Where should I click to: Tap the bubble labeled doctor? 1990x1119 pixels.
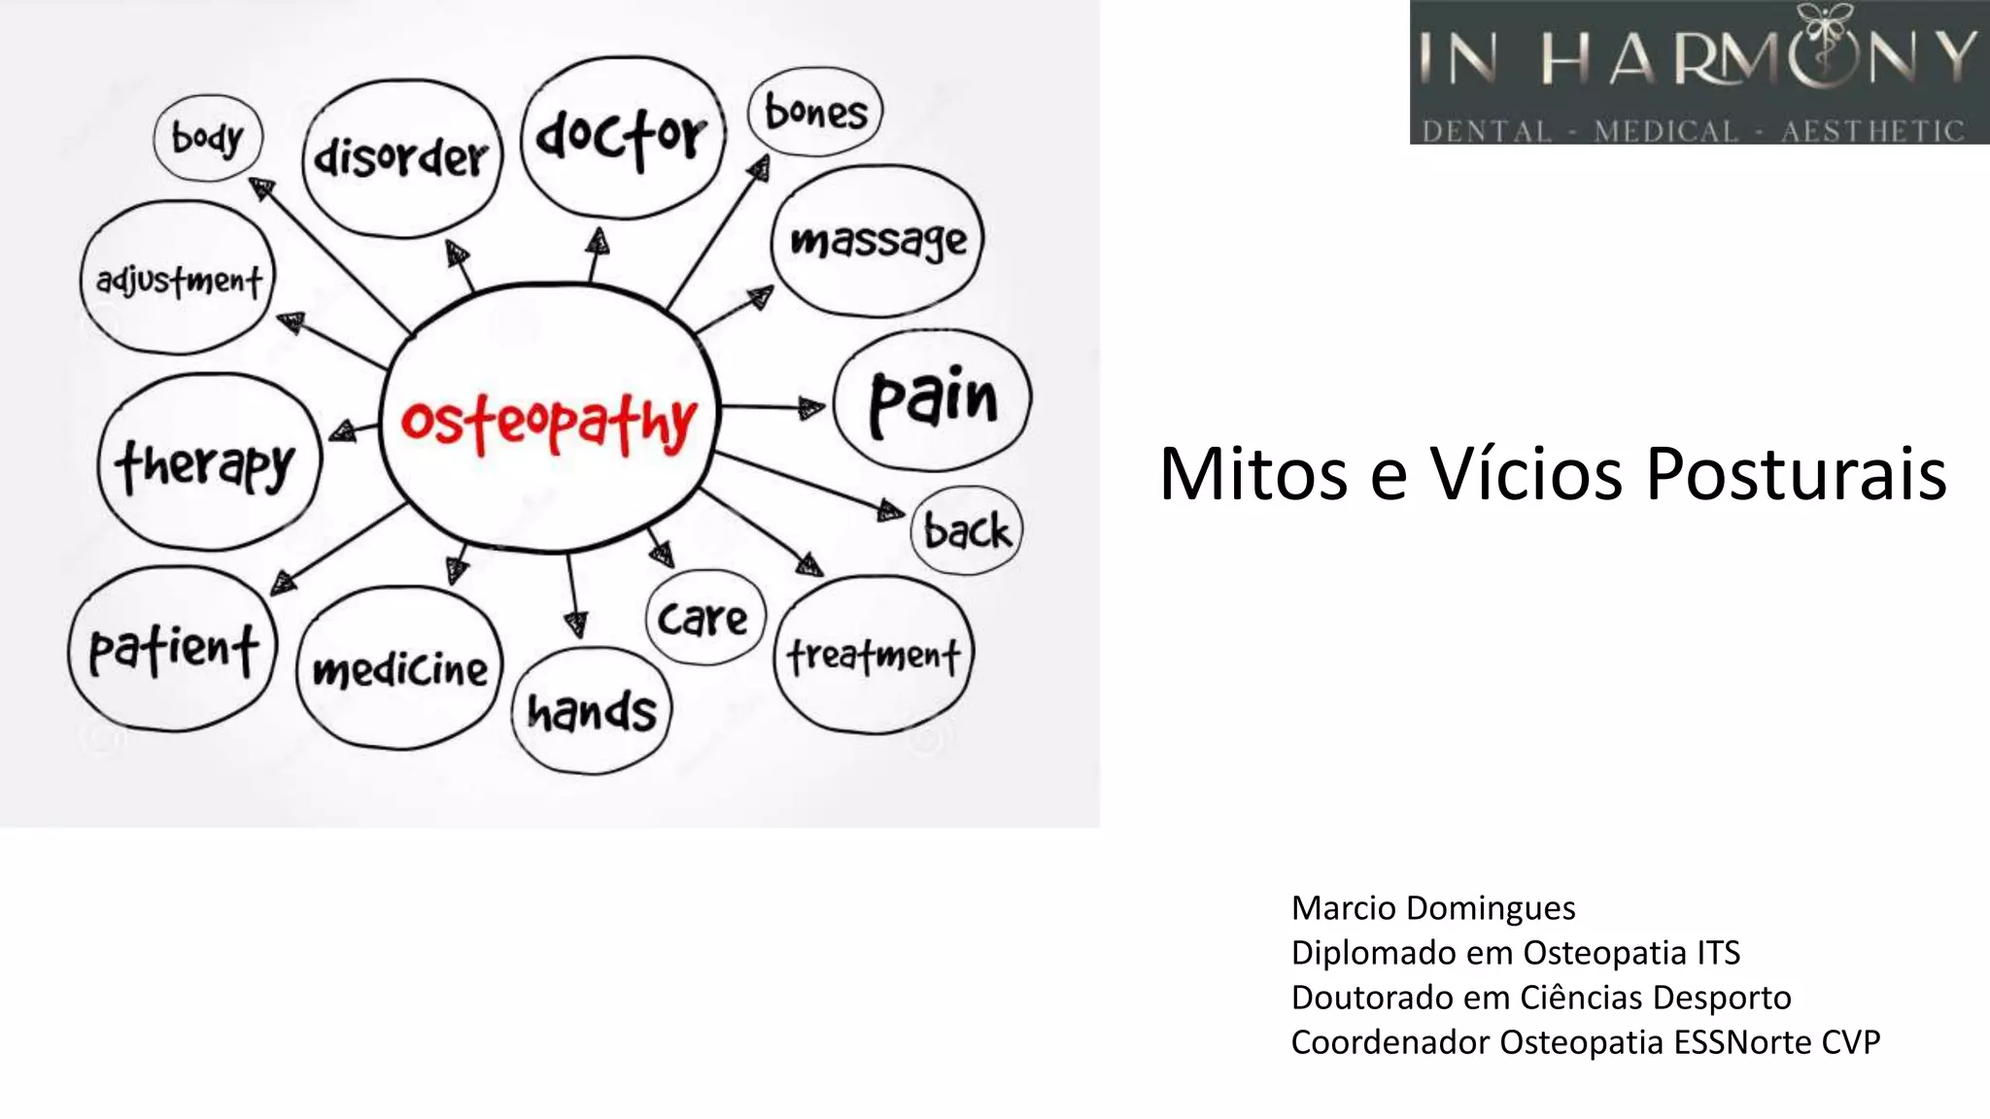point(622,136)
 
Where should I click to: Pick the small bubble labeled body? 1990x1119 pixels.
point(208,138)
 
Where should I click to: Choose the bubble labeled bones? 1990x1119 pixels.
point(815,112)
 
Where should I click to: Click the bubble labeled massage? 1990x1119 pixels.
point(877,240)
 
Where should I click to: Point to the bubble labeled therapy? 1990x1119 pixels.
point(206,464)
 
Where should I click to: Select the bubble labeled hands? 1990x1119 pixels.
point(592,711)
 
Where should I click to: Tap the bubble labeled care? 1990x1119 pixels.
point(703,618)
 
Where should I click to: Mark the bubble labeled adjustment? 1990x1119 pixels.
point(179,280)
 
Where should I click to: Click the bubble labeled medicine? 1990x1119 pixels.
point(399,668)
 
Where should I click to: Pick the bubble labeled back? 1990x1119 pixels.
point(967,530)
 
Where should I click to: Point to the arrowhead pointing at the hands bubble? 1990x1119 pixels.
point(577,624)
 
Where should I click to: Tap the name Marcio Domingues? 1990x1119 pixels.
point(1433,908)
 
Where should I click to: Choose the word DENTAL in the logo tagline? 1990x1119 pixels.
point(1487,131)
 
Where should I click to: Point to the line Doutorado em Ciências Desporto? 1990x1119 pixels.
point(1541,998)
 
